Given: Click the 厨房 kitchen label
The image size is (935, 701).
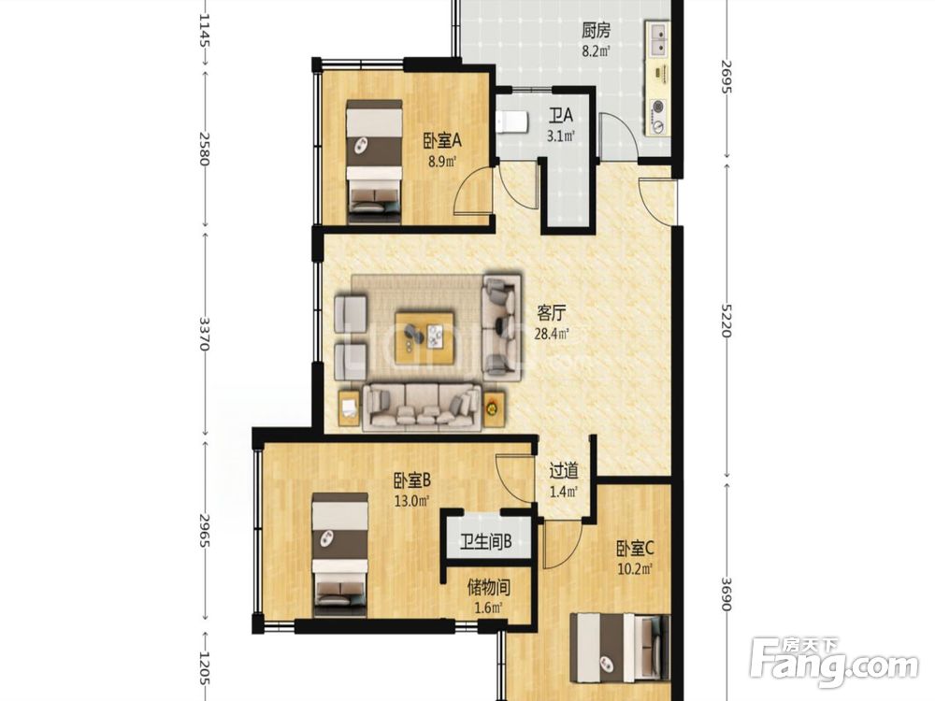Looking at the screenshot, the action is tap(596, 31).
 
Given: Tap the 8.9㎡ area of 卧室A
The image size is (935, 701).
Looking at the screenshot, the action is tap(441, 161).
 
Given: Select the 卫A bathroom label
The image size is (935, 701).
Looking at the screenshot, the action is tap(560, 115).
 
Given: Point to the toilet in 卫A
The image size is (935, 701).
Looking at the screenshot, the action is tap(511, 122).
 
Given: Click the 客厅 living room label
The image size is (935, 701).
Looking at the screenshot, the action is tap(552, 313).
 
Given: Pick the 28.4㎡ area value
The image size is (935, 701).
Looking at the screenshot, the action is tap(551, 334).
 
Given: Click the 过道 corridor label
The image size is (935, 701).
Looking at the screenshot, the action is tap(564, 471).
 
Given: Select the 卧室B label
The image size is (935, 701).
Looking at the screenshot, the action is tap(412, 480).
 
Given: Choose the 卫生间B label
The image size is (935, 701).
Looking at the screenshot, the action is tap(486, 543).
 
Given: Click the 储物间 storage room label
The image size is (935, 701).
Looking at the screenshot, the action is tap(488, 588).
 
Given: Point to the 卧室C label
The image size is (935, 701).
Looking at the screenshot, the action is tap(636, 548).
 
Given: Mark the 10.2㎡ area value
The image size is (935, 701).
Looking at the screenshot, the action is tap(636, 568).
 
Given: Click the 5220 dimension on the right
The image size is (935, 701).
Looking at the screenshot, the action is tap(726, 320).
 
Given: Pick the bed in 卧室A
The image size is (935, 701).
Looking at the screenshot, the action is tap(375, 162).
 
